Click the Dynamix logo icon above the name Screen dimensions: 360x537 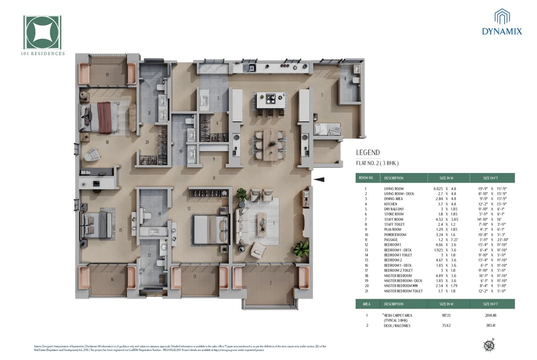point(502,16)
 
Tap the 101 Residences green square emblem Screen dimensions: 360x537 point(42,32)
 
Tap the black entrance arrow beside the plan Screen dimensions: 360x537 point(319,180)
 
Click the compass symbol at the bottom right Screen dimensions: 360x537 point(489,344)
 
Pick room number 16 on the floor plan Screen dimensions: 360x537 point(112,280)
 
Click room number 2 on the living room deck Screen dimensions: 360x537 point(271,283)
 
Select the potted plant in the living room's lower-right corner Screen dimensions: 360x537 point(301,248)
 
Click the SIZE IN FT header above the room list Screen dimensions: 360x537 point(491,178)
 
